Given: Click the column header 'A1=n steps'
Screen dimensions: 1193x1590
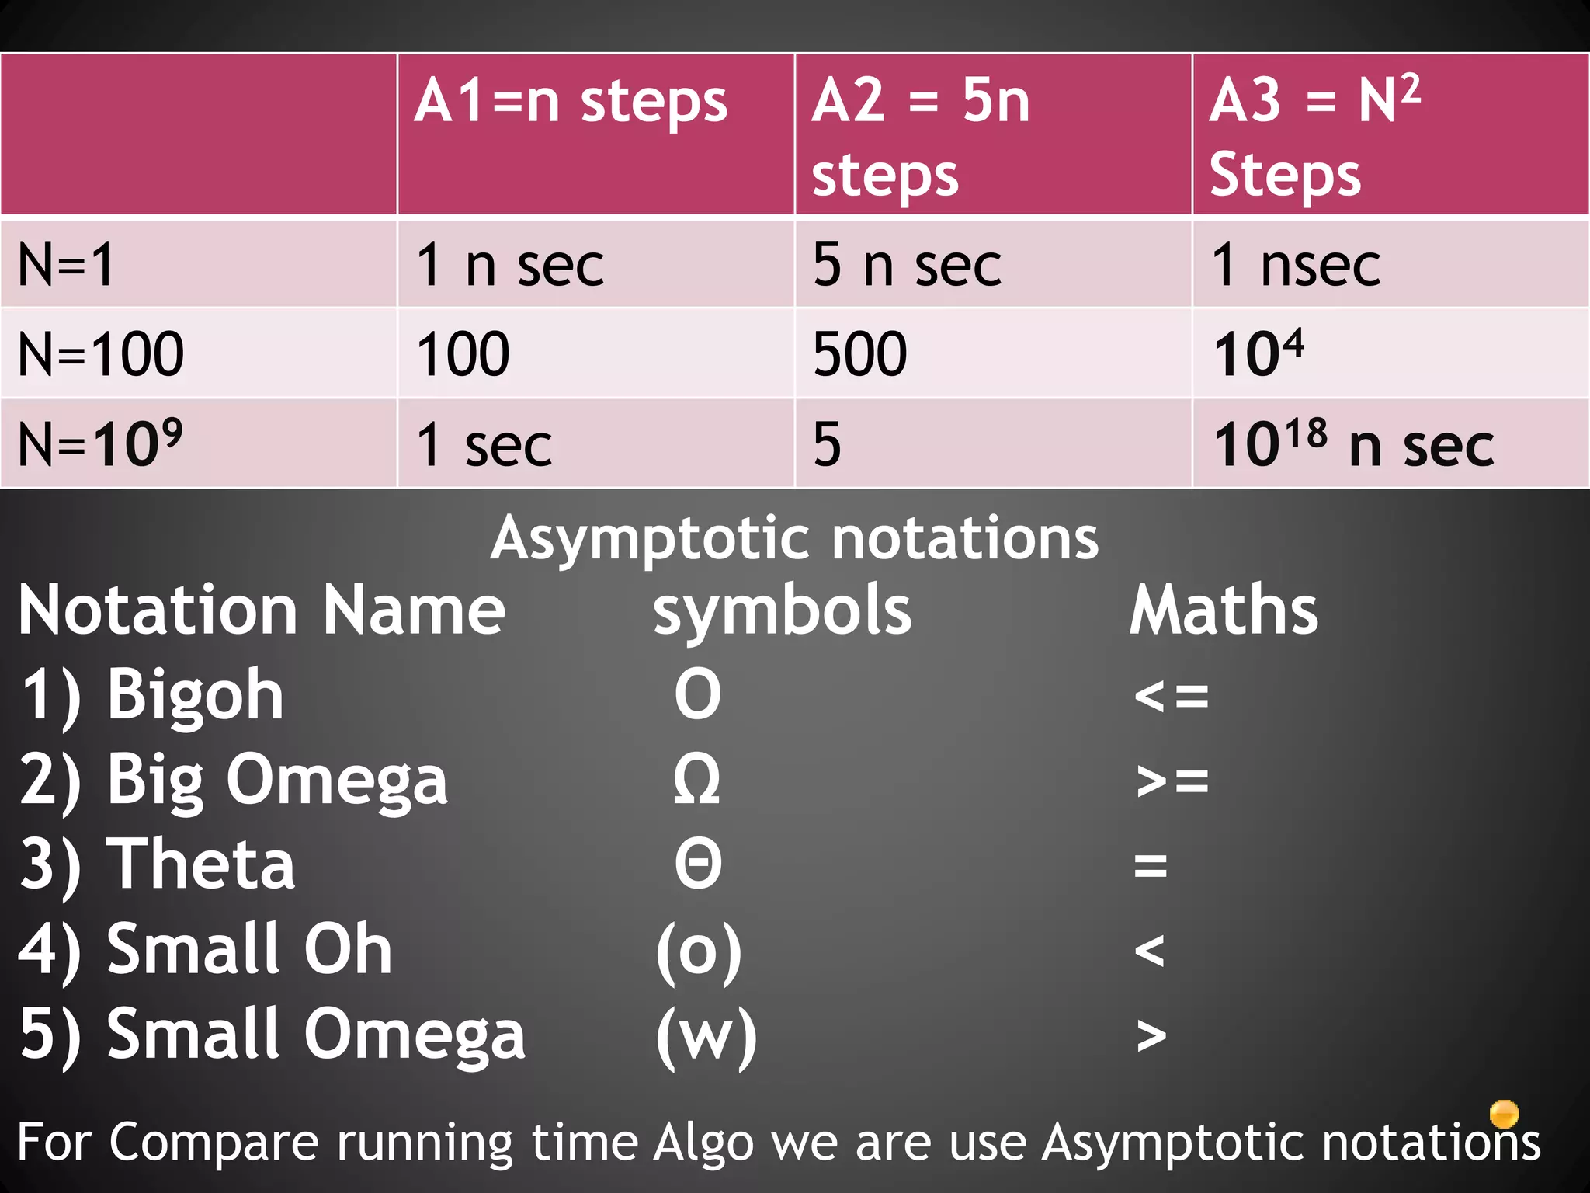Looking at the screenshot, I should point(571,103).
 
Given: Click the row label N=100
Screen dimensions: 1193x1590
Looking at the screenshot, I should point(101,354).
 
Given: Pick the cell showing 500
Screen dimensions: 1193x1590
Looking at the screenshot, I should point(860,354).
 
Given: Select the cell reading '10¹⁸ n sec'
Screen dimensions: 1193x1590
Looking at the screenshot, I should point(1353,443).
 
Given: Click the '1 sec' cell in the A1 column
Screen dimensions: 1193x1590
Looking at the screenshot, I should point(484,445).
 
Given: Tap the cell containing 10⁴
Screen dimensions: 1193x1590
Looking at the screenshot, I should point(1258,353).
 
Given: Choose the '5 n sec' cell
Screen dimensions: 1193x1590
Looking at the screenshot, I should point(907,265).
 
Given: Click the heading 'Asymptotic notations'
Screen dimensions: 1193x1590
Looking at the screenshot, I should point(794,538).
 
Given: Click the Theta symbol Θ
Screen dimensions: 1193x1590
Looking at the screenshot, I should point(698,864).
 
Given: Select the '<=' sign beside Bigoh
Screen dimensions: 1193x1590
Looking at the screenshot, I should point(1171,695).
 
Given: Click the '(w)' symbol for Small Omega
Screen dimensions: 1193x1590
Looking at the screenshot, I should point(706,1035).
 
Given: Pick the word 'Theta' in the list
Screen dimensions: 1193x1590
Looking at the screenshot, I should point(200,864).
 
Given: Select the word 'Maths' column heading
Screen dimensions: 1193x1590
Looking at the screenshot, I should point(1224,610).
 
